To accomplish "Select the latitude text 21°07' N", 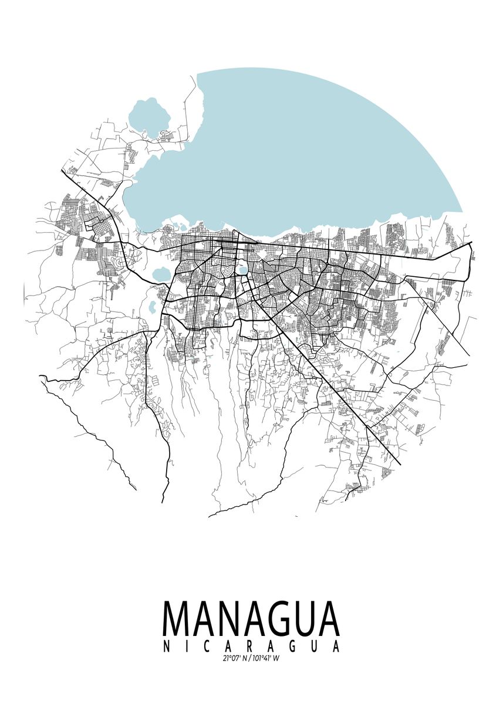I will pos(235,658).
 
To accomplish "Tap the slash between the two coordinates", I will pos(249,658).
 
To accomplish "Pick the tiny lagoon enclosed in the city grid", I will pos(242,271).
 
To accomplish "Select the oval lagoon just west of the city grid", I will pos(160,273).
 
